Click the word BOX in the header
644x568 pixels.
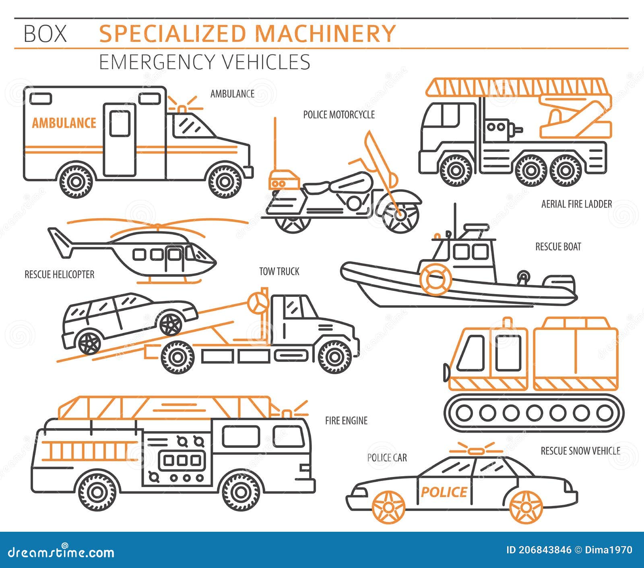[x=45, y=34]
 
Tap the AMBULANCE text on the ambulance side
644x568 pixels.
[x=64, y=123]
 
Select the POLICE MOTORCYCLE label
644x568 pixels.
[x=339, y=115]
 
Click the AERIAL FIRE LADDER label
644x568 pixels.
[x=576, y=204]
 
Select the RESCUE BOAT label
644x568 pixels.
[x=558, y=247]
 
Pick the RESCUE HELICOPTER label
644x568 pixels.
[x=59, y=275]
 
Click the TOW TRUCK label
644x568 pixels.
[x=279, y=272]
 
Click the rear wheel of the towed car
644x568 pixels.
[x=89, y=342]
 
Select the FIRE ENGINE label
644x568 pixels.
[x=346, y=421]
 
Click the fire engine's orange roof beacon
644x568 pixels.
[x=287, y=414]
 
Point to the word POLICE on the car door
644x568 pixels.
[x=444, y=492]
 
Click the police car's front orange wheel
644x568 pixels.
[x=388, y=507]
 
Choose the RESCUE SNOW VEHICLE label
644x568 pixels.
[x=580, y=451]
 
